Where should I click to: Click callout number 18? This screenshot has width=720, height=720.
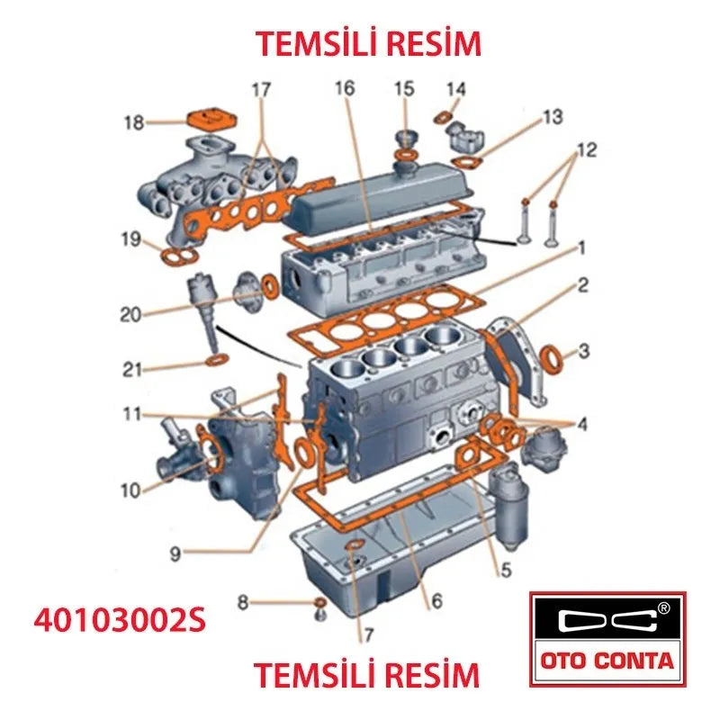(x=133, y=121)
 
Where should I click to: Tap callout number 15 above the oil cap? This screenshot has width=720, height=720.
(x=403, y=88)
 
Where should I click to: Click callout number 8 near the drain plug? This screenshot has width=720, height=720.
(x=242, y=601)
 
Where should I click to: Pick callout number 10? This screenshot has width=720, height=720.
(x=131, y=490)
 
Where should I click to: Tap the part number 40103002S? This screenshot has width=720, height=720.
(x=120, y=620)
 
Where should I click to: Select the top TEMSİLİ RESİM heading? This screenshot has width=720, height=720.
(x=367, y=42)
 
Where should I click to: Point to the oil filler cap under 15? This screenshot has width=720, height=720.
(x=406, y=142)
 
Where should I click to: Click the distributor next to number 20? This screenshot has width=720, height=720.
(x=203, y=307)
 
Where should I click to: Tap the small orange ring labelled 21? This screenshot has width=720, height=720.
(x=217, y=361)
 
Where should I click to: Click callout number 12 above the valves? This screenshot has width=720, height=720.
(x=586, y=150)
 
